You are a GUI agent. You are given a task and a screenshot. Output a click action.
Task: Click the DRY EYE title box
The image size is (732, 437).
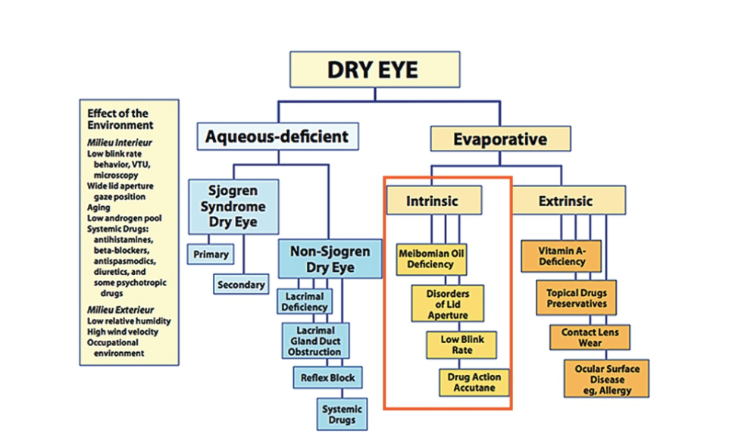374,70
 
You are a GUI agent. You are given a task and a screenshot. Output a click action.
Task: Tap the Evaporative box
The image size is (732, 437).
499,139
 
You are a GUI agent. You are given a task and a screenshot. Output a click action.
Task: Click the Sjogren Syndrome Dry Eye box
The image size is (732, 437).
233,207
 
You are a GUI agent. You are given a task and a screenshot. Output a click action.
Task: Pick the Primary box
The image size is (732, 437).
210,254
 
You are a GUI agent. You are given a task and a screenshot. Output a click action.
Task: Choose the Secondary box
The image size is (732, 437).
241,284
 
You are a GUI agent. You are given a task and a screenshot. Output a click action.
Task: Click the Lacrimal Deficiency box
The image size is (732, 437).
303,301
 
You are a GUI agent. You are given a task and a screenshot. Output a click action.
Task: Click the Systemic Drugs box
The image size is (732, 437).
340,414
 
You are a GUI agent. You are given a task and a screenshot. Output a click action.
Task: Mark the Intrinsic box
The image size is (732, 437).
433,201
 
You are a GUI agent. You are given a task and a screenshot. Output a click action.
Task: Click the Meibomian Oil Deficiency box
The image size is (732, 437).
430,259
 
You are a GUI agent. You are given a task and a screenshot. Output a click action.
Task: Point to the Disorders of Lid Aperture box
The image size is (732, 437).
447,304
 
